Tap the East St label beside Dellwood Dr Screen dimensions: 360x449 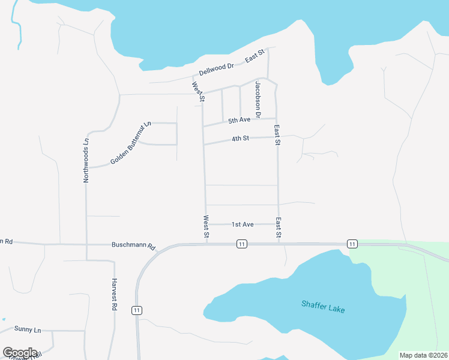point(255,57)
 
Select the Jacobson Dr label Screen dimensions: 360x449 point(258,99)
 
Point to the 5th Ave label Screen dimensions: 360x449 point(239,121)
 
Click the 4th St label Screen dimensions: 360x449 point(240,139)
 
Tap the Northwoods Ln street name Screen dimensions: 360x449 point(86,160)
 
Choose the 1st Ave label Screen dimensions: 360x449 point(243,224)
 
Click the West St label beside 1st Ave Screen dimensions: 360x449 point(206,228)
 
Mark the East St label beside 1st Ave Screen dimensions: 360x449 point(279,228)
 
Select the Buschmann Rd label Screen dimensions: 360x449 point(133,246)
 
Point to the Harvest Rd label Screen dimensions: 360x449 point(113,294)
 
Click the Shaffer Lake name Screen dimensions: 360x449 point(323,306)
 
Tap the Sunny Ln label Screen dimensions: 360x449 point(28,330)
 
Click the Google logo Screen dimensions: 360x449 point(20,353)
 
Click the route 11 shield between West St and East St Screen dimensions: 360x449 point(241,244)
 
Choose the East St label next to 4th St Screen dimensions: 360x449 point(277,136)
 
